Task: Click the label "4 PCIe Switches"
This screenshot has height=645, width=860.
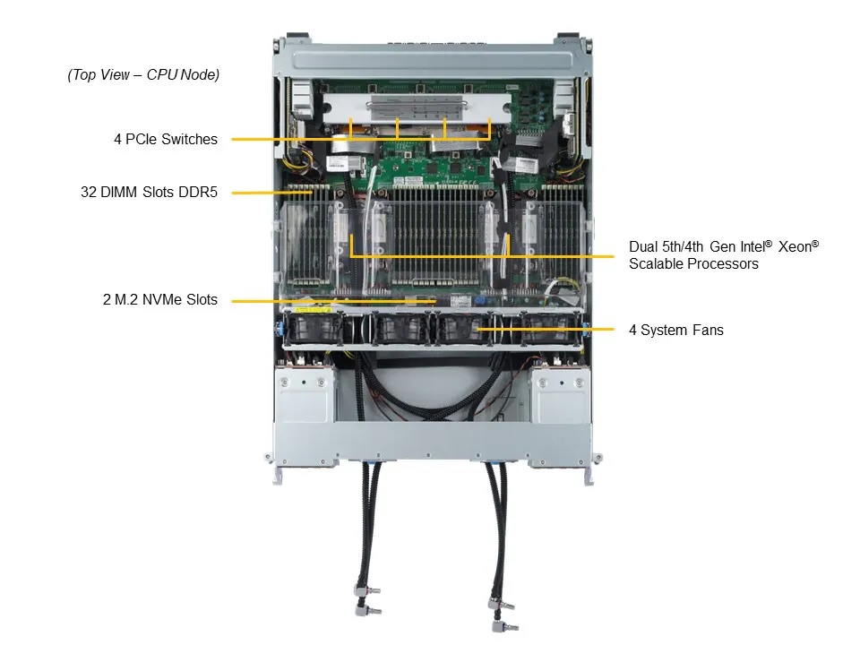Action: coord(165,140)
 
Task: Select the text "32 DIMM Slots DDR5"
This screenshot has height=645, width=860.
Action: coord(149,192)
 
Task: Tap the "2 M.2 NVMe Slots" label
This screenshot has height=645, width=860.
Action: coord(159,300)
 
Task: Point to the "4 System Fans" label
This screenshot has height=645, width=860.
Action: coord(675,331)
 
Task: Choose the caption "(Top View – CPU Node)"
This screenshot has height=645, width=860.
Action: coord(143,75)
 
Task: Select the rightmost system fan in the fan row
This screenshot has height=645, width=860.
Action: coord(549,328)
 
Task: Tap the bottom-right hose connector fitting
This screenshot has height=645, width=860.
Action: coord(503,618)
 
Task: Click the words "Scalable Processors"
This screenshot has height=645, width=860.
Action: coord(692,264)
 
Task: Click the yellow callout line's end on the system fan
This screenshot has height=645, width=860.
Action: coord(477,331)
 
